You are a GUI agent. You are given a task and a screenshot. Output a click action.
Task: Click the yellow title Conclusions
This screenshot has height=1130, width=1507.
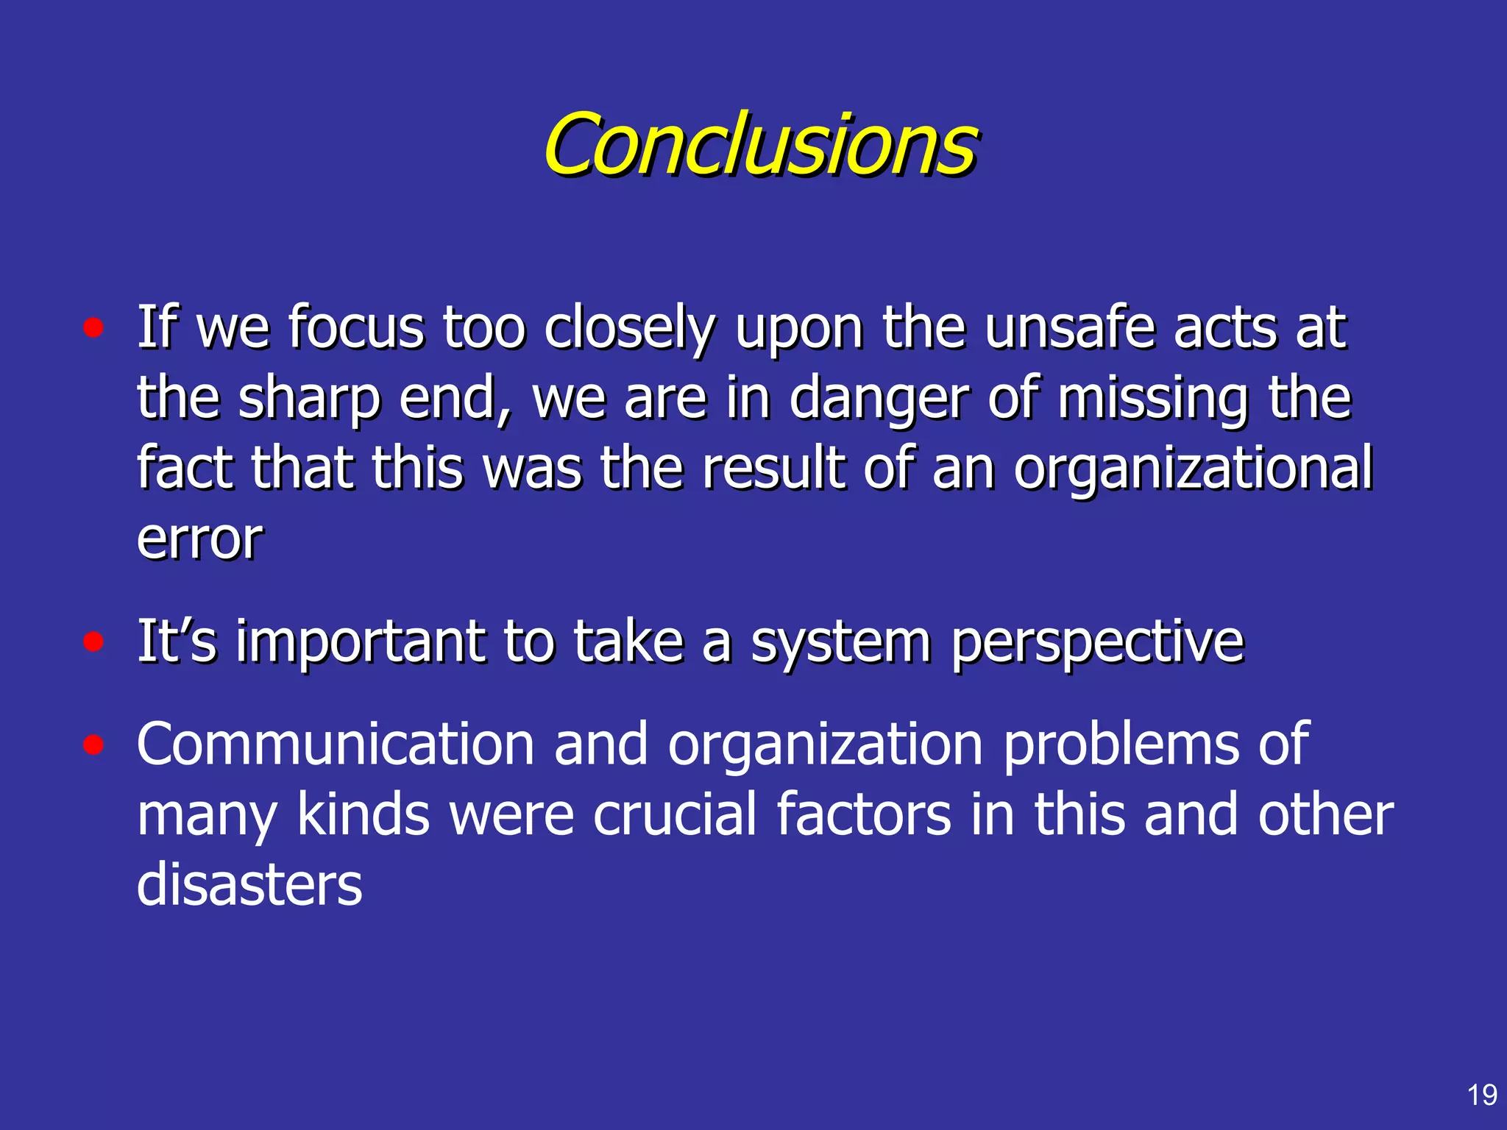tap(760, 145)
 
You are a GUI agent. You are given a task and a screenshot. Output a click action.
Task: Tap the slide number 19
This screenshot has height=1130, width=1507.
tap(1482, 1095)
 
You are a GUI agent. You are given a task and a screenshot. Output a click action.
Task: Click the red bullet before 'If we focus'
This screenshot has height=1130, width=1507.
tap(93, 328)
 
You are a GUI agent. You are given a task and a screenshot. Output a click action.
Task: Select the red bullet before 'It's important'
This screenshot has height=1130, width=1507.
tap(93, 642)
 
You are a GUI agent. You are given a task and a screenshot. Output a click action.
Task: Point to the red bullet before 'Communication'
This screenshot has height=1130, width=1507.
tap(93, 745)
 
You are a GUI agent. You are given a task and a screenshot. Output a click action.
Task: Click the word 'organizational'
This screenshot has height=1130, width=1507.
tap(1192, 469)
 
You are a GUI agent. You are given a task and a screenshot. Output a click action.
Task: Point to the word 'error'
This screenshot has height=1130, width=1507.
tap(199, 539)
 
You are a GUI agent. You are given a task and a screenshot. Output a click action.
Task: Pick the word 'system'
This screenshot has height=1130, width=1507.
tap(840, 642)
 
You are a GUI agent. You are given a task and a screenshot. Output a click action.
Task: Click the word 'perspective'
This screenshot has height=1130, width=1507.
tap(1096, 642)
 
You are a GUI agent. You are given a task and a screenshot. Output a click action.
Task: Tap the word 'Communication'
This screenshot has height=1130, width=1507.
tap(335, 745)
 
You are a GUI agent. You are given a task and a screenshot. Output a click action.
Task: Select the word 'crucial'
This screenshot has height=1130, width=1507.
tap(675, 814)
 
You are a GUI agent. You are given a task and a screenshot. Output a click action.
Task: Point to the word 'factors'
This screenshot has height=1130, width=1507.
tap(864, 814)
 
